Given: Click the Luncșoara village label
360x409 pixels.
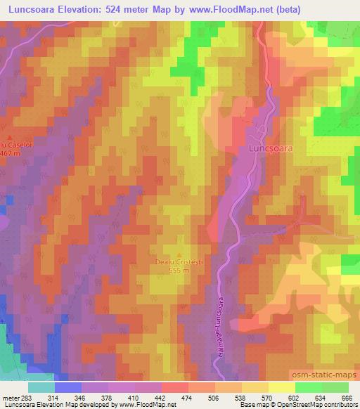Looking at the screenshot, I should (271, 149).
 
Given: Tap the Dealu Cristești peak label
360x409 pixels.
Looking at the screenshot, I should (179, 262).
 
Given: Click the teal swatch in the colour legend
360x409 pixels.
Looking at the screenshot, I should (41, 387).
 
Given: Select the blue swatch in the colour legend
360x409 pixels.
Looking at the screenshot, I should (67, 387).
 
